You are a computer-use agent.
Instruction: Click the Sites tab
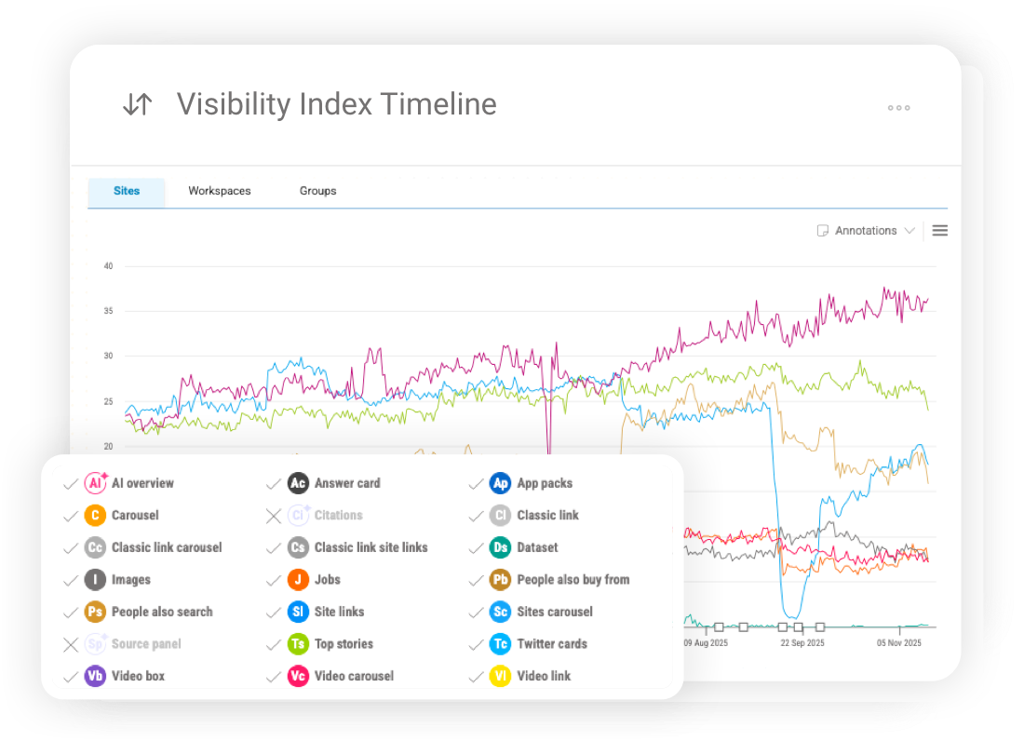pyautogui.click(x=127, y=191)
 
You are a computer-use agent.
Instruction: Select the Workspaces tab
pyautogui.click(x=220, y=191)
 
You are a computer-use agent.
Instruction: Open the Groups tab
pyautogui.click(x=317, y=191)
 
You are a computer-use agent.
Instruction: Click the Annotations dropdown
pyautogui.click(x=866, y=231)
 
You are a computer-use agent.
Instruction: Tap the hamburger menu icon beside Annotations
pyautogui.click(x=939, y=231)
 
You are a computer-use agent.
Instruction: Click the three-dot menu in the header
pyautogui.click(x=898, y=108)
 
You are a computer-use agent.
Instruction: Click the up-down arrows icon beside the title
pyautogui.click(x=137, y=104)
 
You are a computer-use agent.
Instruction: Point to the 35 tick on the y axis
pyautogui.click(x=108, y=311)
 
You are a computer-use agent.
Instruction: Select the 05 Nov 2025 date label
pyautogui.click(x=897, y=642)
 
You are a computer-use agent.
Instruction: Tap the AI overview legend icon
pyautogui.click(x=96, y=483)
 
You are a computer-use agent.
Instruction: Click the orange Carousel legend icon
pyautogui.click(x=95, y=516)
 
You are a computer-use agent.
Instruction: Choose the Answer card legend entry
pyautogui.click(x=346, y=483)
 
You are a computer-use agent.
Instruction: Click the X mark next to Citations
pyautogui.click(x=273, y=516)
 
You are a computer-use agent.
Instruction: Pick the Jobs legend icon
pyautogui.click(x=298, y=580)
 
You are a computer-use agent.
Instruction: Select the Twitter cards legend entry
pyautogui.click(x=551, y=644)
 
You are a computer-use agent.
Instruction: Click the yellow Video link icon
pyautogui.click(x=501, y=677)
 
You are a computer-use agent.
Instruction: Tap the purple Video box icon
pyautogui.click(x=95, y=677)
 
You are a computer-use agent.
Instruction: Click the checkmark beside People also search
pyautogui.click(x=70, y=613)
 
